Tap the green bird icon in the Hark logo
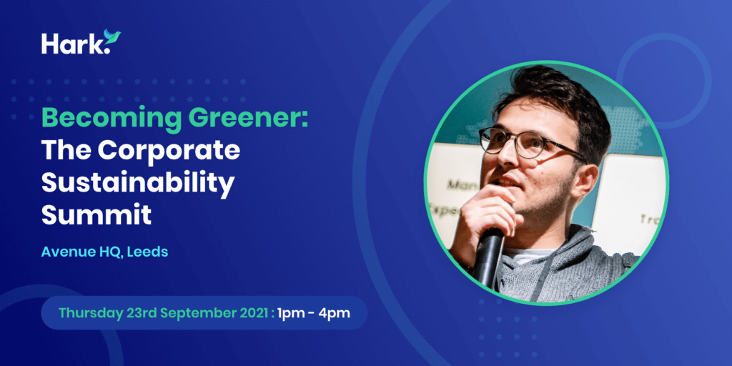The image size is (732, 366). click(112, 37)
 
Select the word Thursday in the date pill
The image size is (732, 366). click(91, 313)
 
